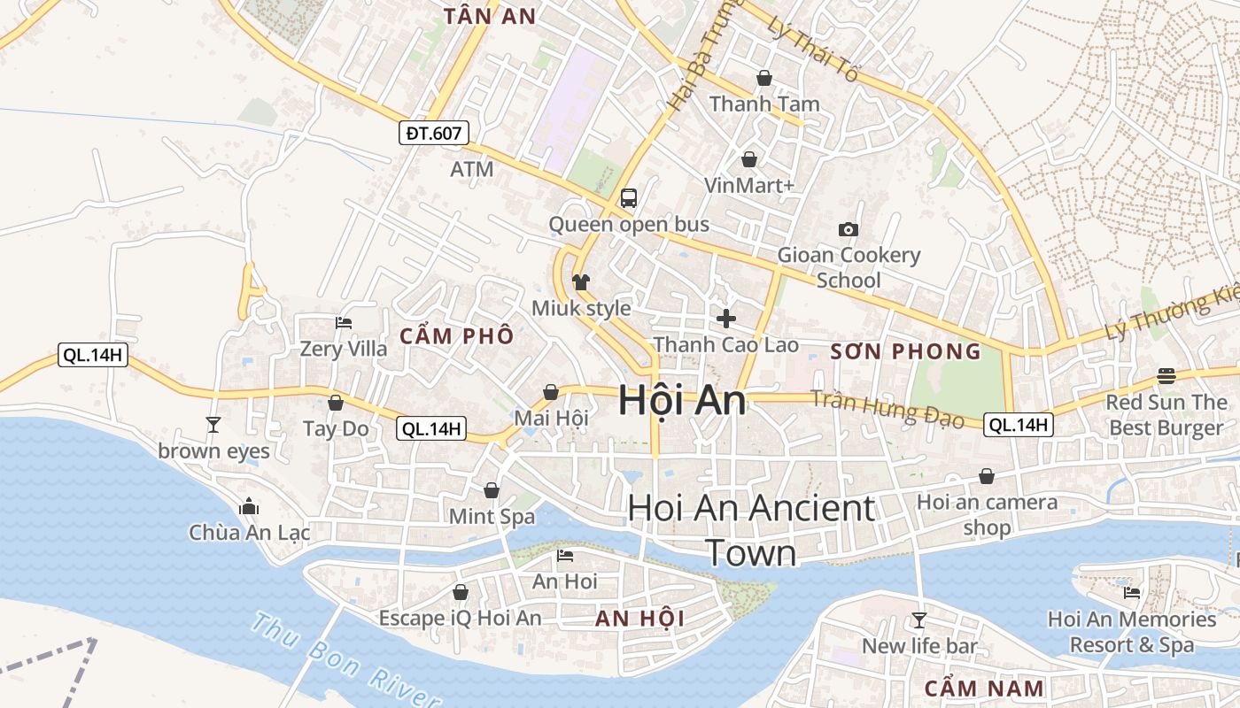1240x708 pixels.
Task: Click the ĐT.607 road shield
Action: click(433, 134)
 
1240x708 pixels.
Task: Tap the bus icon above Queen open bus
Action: click(629, 198)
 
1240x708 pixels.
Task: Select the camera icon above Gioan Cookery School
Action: click(848, 230)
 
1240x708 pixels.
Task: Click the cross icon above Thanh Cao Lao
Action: click(726, 319)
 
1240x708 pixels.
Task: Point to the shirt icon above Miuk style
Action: click(581, 282)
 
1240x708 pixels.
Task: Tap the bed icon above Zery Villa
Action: click(344, 323)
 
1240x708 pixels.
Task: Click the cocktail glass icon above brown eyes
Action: click(213, 425)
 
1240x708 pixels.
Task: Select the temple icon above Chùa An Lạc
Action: click(249, 507)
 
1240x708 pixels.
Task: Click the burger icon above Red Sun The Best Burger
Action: click(1166, 376)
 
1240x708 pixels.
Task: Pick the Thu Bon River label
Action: click(342, 658)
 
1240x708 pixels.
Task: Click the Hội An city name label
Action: click(682, 401)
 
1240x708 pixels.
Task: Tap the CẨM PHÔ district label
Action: click(456, 336)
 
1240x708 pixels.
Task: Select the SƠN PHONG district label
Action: click(906, 351)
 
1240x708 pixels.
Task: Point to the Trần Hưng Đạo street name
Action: click(887, 409)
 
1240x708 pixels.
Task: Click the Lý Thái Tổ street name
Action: click(813, 51)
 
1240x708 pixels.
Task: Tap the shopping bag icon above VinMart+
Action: click(749, 159)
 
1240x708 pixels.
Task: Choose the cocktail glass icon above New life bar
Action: click(919, 620)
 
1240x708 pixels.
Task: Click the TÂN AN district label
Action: click(490, 16)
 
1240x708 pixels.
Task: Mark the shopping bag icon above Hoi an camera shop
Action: click(987, 477)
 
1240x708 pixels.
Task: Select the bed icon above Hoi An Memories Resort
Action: click(1131, 593)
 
